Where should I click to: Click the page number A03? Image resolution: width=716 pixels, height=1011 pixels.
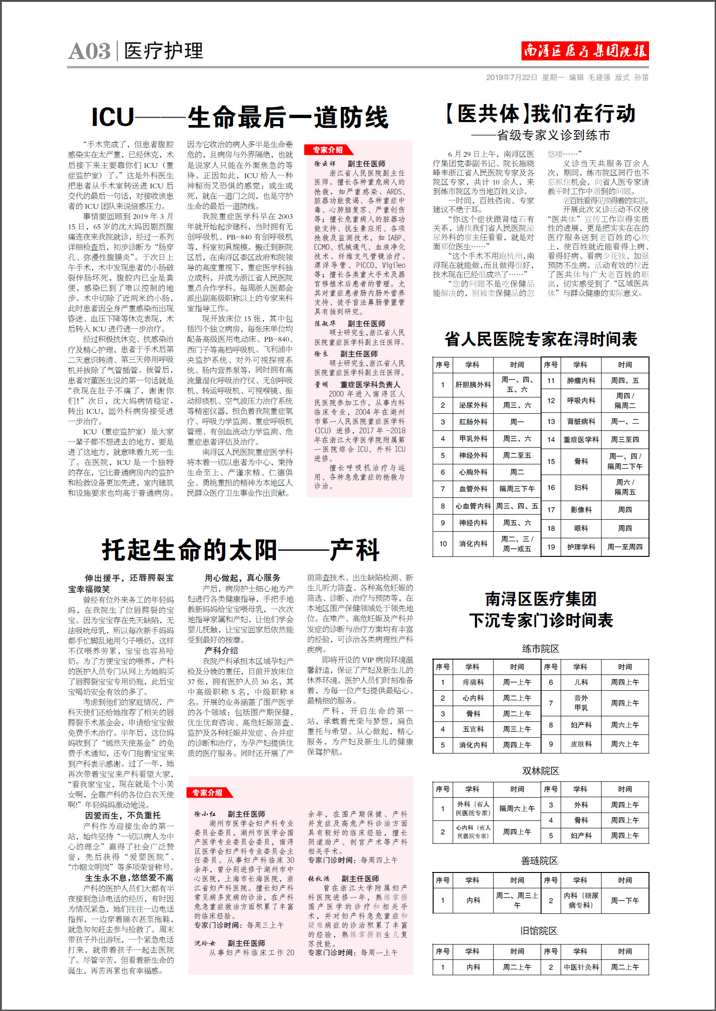[89, 51]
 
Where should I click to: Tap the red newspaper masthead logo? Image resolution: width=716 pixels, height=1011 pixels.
[585, 51]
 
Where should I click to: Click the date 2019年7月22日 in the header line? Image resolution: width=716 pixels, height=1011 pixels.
[511, 78]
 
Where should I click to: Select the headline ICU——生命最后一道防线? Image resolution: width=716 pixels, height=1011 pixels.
[240, 117]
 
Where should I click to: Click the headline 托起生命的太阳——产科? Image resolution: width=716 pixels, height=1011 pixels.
[241, 550]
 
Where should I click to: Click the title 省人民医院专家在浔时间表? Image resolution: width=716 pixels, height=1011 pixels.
[541, 339]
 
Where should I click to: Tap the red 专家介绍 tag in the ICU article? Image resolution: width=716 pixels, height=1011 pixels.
[328, 150]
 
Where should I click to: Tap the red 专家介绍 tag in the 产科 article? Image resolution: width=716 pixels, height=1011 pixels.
[208, 793]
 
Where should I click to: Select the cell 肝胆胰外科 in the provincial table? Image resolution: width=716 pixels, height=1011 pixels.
[473, 385]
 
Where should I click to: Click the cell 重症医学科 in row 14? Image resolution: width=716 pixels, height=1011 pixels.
[581, 439]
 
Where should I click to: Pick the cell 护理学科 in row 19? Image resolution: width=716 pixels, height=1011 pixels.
[581, 547]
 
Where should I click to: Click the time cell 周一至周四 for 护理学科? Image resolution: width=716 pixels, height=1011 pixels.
[625, 547]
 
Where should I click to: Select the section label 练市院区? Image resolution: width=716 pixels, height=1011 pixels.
[540, 648]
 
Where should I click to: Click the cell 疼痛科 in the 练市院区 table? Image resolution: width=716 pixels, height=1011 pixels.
[473, 682]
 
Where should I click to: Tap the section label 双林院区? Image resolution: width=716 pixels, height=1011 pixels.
[540, 771]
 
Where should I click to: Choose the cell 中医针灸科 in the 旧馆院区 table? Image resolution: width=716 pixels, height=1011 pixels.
[581, 967]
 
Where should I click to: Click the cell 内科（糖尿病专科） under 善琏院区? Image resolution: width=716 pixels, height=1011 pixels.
[581, 900]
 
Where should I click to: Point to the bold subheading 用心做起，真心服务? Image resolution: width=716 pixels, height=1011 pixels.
[242, 578]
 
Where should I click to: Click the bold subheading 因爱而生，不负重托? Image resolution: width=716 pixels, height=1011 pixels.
[123, 815]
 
